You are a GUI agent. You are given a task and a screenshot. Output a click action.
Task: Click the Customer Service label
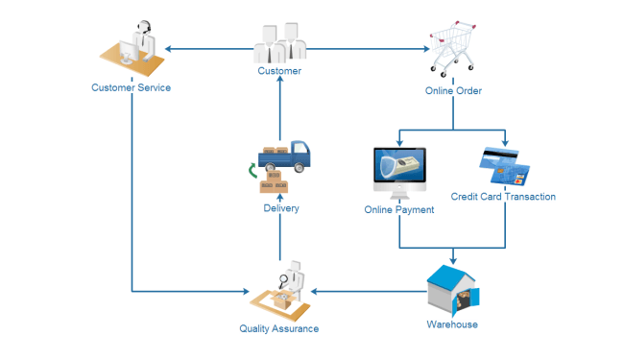131,88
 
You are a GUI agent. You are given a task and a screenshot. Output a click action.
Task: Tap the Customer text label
279,71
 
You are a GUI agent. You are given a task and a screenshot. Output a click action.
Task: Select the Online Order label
453,91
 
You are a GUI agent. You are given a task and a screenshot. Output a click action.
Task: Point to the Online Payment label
399,209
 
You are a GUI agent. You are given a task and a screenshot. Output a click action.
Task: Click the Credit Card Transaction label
503,197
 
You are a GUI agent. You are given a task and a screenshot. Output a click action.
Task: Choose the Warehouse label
452,324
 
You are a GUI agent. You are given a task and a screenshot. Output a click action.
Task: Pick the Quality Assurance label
278,328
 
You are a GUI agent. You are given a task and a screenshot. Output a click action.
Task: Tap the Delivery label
280,208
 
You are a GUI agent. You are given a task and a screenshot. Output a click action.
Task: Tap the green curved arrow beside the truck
252,171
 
